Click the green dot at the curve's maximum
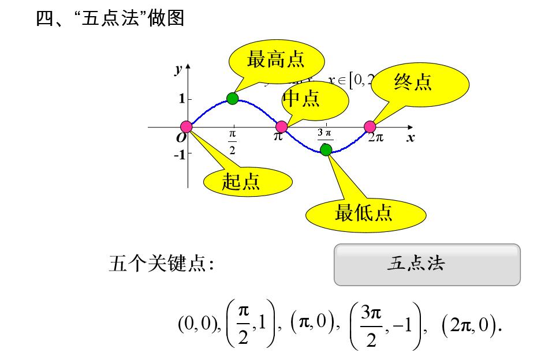coord(233,98)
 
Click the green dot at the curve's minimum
coord(326,149)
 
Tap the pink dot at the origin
coord(186,127)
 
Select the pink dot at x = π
coord(281,127)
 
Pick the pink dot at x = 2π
coord(370,127)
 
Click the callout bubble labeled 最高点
coord(275,59)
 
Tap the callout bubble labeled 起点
coord(241,181)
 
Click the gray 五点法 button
coord(427,264)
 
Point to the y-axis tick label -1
coord(180,155)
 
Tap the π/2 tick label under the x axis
coord(232,142)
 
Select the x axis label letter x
coord(411,138)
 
